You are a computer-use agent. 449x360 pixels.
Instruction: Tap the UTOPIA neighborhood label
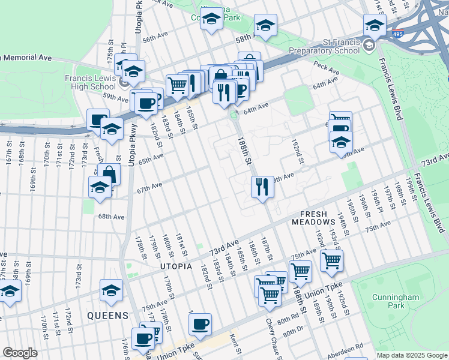pyautogui.click(x=176, y=266)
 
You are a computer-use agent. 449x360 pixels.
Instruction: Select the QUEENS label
pyautogui.click(x=107, y=315)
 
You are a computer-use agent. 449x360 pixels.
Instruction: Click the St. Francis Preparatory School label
pyautogui.click(x=324, y=46)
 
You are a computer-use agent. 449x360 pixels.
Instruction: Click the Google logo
pyautogui.click(x=20, y=353)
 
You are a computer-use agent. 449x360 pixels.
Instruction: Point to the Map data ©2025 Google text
pyautogui.click(x=411, y=355)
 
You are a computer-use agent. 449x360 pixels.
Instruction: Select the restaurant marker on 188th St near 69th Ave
pyautogui.click(x=262, y=187)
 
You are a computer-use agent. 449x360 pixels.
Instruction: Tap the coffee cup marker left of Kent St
pyautogui.click(x=200, y=324)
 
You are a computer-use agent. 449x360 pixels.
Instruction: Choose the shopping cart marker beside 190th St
pyautogui.click(x=331, y=260)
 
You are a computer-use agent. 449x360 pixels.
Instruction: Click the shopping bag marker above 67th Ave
pyautogui.click(x=109, y=174)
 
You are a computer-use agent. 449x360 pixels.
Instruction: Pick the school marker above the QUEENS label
pyautogui.click(x=111, y=290)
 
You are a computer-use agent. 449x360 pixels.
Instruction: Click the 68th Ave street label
pyautogui.click(x=112, y=217)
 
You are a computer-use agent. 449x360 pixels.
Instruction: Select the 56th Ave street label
pyautogui.click(x=154, y=37)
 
